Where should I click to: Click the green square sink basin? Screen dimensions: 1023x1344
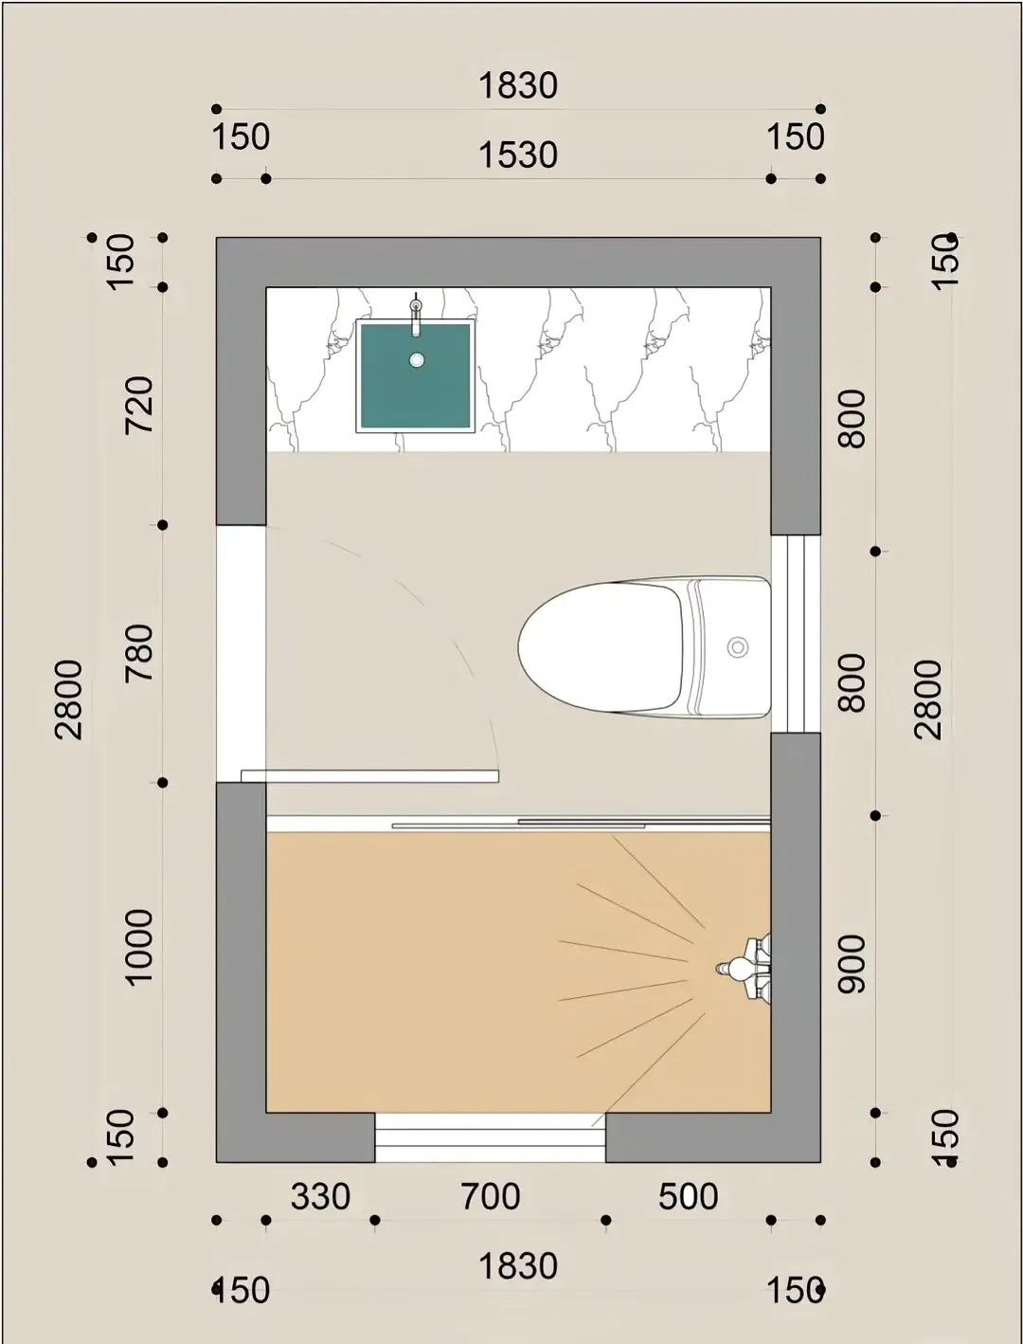tap(416, 376)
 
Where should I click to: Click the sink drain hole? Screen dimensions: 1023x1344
tap(417, 359)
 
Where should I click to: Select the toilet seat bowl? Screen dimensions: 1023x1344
tap(601, 646)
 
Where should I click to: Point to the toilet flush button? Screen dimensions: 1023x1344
tap(738, 646)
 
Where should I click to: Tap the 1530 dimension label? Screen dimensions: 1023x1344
tap(517, 154)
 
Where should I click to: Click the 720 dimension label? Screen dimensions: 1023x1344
tap(139, 406)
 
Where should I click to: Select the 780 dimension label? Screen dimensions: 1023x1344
tap(139, 653)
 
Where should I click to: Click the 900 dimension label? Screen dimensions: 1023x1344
tap(851, 964)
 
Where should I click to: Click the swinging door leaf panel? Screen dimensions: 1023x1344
tap(369, 776)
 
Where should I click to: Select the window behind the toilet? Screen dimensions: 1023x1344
tap(796, 634)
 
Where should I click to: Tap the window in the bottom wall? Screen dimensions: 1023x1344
tap(490, 1137)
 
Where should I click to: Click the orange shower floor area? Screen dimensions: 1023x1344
tap(517, 972)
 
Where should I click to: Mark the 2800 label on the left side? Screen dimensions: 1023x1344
tap(68, 699)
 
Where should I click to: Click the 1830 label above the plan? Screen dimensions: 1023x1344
tap(517, 85)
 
